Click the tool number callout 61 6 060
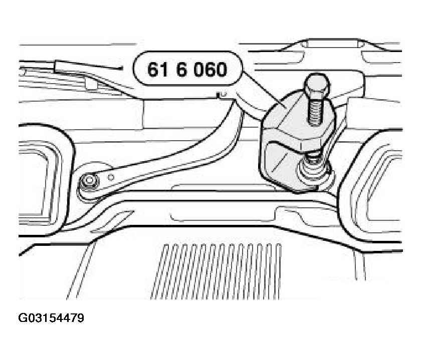click(x=188, y=69)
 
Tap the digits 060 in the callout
click(x=210, y=70)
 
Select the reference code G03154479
click(x=51, y=318)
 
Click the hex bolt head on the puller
click(x=317, y=84)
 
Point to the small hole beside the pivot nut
click(x=111, y=177)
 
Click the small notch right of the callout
click(x=221, y=95)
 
